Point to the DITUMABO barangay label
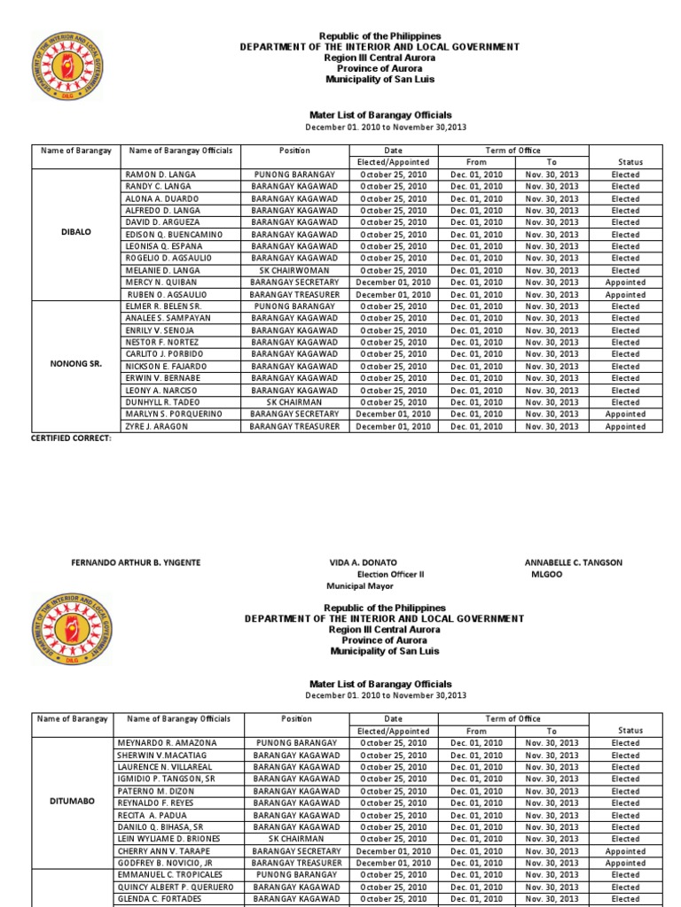coord(75,801)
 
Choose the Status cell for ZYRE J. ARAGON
coord(625,426)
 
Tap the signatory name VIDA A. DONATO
coord(364,562)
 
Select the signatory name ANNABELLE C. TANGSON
coord(574,562)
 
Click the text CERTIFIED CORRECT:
coord(71,438)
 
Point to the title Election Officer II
coord(390,574)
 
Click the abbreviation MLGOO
coord(546,574)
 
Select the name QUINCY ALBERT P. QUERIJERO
coord(175,887)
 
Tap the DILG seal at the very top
coord(67,66)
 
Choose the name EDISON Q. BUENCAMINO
coord(175,234)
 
